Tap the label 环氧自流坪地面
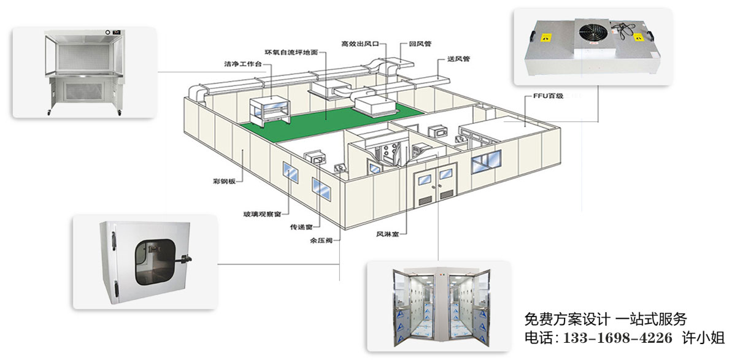pyautogui.click(x=291, y=52)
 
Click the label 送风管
pyautogui.click(x=450, y=59)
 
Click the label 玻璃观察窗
pyautogui.click(x=261, y=214)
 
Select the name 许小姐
pyautogui.click(x=706, y=337)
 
